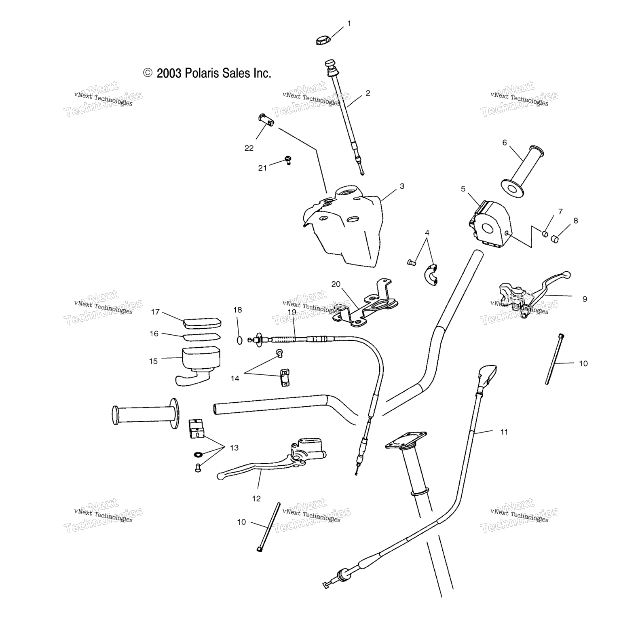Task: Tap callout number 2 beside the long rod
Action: point(368,93)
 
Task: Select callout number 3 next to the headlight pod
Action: point(401,186)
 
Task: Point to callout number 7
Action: point(560,211)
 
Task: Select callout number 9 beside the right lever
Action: point(585,299)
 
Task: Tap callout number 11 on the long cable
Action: point(504,432)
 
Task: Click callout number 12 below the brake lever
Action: point(257,498)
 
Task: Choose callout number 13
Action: point(234,448)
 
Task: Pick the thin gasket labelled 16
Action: point(202,337)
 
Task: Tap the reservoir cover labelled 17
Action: point(202,323)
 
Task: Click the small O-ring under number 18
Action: point(240,340)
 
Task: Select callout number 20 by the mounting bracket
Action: point(336,284)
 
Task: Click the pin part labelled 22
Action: point(265,120)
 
